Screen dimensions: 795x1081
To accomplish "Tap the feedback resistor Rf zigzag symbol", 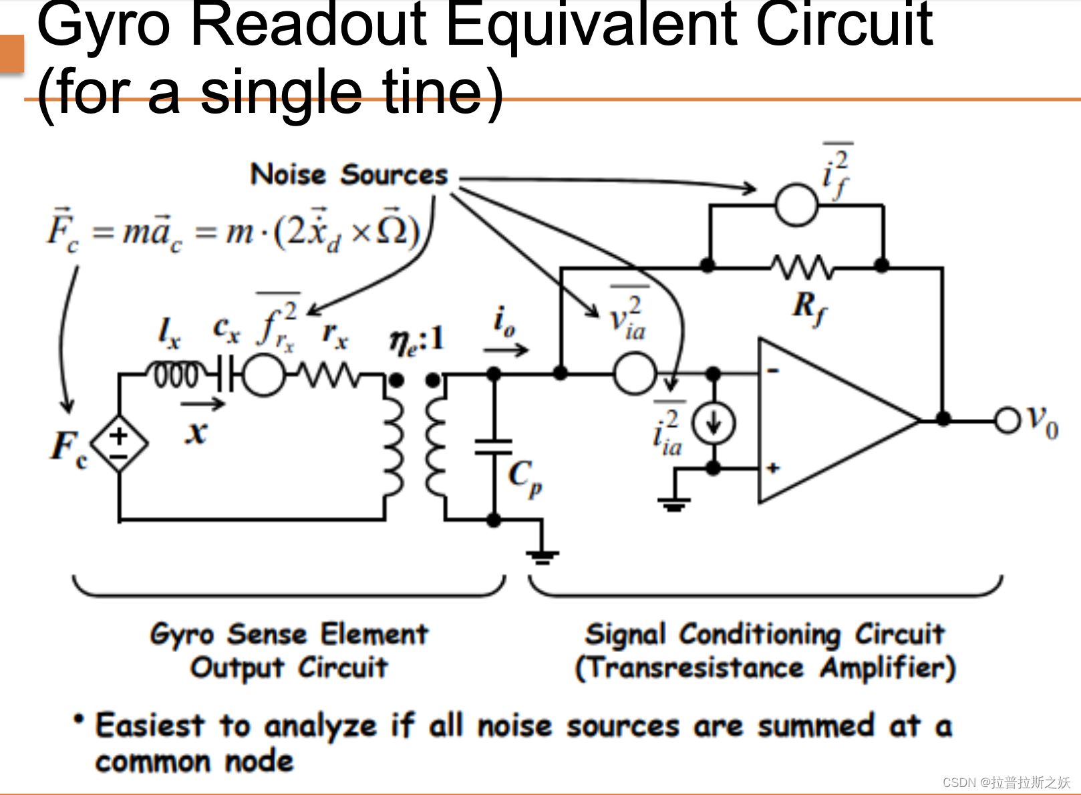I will point(802,267).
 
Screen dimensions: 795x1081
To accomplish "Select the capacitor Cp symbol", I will point(494,447).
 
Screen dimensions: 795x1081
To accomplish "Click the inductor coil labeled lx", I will point(176,375).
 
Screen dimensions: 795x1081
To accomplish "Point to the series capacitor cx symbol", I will point(225,375).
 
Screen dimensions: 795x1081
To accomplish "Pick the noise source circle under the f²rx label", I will point(263,375).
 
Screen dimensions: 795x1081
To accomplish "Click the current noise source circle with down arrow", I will point(714,424).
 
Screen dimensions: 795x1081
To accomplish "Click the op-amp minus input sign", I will point(773,370).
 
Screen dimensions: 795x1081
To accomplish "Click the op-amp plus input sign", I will point(773,468).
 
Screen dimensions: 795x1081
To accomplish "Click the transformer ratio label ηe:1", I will point(417,341).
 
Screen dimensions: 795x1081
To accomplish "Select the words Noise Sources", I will point(349,175).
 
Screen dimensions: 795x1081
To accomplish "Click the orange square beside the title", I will point(11,53).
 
